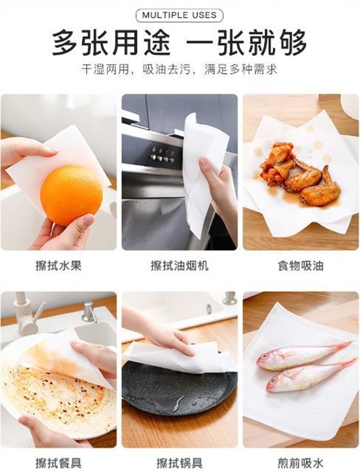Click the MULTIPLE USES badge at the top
click(x=179, y=15)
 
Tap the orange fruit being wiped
click(x=72, y=196)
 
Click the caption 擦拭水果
click(x=58, y=266)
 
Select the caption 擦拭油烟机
click(x=179, y=266)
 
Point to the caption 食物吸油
click(x=300, y=266)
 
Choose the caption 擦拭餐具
click(x=58, y=463)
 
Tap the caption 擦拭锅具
click(x=179, y=463)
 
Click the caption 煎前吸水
click(x=300, y=463)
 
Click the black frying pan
click(x=179, y=389)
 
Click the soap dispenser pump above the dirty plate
click(x=89, y=311)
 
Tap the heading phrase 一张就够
click(x=246, y=43)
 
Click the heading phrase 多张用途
click(x=111, y=43)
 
